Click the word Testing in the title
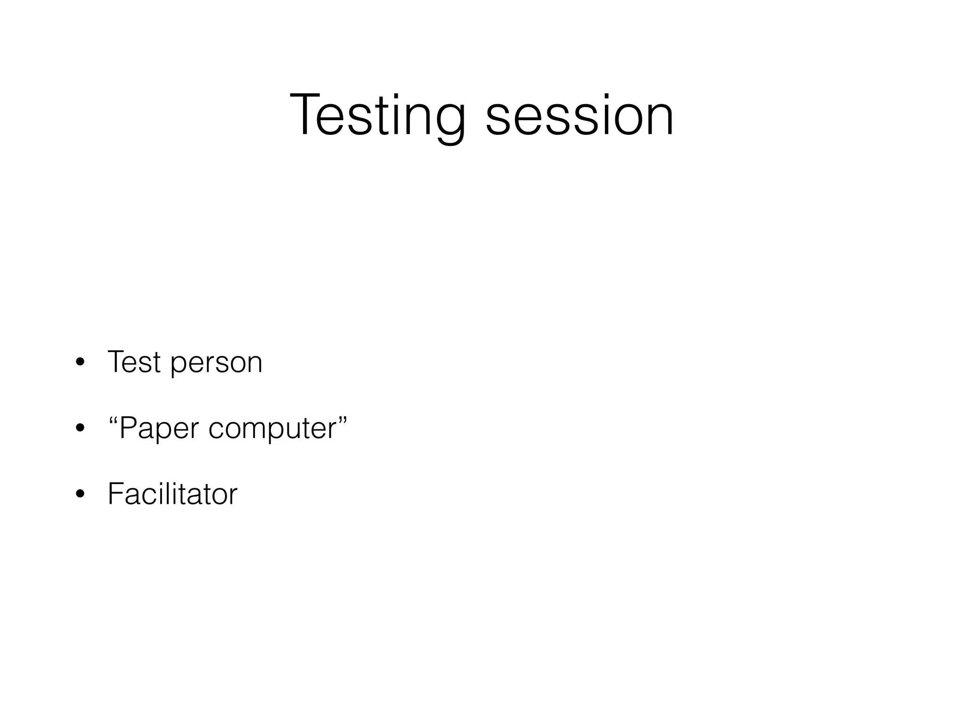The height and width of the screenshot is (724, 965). [x=377, y=115]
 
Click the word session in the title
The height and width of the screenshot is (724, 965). [x=580, y=115]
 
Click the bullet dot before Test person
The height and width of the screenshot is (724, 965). [x=80, y=363]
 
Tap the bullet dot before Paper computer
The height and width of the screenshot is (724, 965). [x=80, y=428]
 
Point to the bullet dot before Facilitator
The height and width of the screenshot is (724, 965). [x=80, y=494]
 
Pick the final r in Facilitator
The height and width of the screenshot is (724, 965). [x=234, y=497]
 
